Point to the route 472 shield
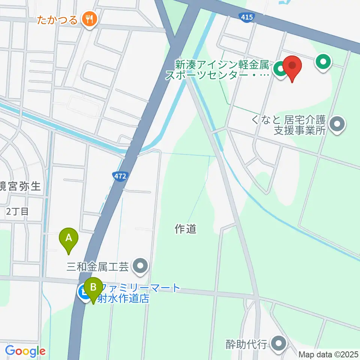120,175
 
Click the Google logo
25,351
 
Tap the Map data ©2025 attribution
328,354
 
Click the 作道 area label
186,228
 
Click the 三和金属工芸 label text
98,267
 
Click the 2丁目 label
18,211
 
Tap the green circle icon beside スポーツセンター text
279,69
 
